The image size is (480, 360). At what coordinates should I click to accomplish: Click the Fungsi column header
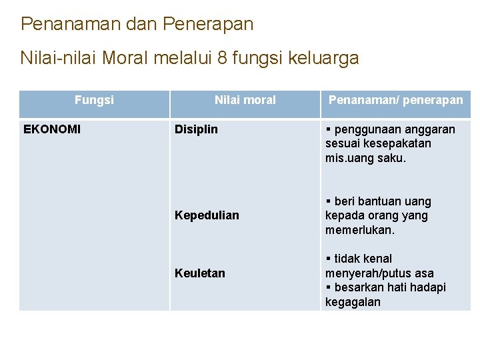click(94, 100)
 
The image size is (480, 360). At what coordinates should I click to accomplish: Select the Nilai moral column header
click(245, 100)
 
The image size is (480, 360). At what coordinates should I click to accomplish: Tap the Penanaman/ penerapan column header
click(395, 100)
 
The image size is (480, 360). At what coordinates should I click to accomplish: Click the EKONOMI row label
click(52, 129)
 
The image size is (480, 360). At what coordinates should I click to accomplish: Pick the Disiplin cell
click(196, 129)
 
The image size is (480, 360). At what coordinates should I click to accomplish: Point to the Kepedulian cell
click(207, 215)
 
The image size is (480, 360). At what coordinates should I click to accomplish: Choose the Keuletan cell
click(200, 273)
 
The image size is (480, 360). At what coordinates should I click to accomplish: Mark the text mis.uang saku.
click(365, 158)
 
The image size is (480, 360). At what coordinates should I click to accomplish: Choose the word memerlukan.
click(360, 230)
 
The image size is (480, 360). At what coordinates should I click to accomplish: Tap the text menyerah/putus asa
click(379, 273)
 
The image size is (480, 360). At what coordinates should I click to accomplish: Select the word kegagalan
click(353, 302)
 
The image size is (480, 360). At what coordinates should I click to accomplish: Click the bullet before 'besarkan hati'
click(329, 287)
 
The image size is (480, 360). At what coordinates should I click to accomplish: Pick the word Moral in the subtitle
click(125, 59)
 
